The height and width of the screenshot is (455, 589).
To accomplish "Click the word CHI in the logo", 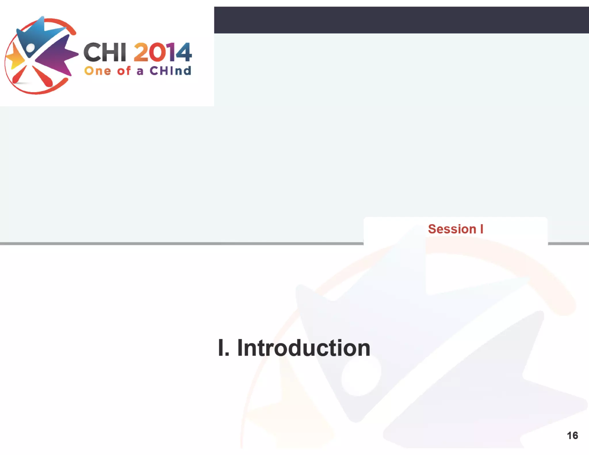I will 105,52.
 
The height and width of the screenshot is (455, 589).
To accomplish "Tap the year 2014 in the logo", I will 162,52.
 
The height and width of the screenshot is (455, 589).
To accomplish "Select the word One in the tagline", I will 97,71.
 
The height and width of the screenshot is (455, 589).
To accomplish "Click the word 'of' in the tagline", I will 124,70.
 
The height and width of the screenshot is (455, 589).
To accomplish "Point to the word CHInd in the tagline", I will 170,70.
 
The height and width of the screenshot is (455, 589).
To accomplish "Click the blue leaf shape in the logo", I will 37,35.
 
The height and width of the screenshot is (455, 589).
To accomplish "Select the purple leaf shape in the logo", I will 55,56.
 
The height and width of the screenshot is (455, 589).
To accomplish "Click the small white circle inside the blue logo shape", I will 30,48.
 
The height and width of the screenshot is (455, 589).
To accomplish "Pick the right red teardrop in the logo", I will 43,76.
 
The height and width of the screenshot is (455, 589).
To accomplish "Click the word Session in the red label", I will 452,229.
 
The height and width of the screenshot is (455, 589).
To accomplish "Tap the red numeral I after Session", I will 482,229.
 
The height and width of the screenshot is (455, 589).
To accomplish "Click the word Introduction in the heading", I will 303,348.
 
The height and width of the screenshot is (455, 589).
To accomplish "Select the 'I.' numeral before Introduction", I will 223,348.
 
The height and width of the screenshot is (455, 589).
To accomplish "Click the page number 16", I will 572,435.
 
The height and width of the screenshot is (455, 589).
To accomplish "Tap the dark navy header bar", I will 401,20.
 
